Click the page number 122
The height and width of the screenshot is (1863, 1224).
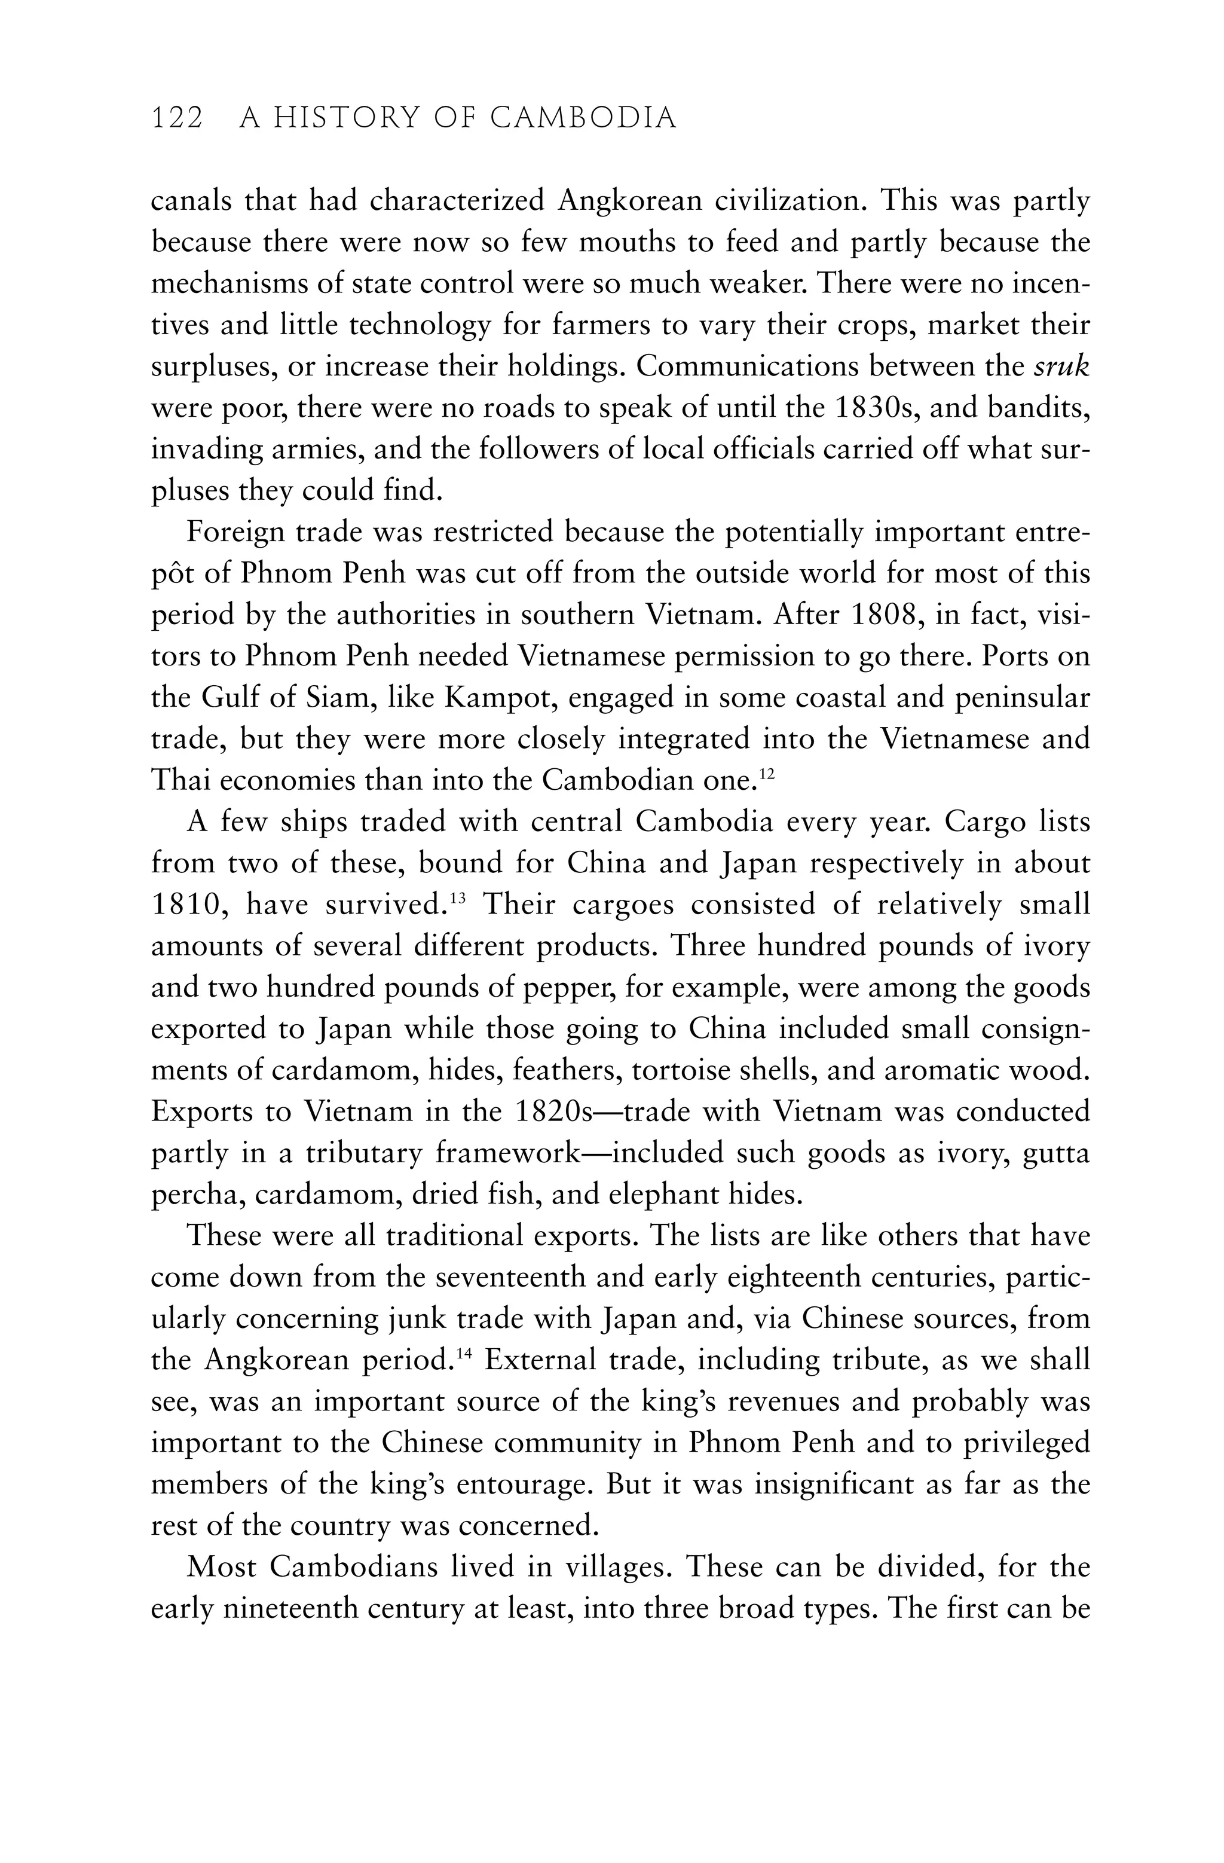pyautogui.click(x=177, y=118)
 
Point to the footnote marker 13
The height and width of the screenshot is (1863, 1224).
pyautogui.click(x=458, y=898)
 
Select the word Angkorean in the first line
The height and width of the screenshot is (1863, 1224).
pyautogui.click(x=629, y=201)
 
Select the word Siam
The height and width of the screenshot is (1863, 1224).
pyautogui.click(x=345, y=698)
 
